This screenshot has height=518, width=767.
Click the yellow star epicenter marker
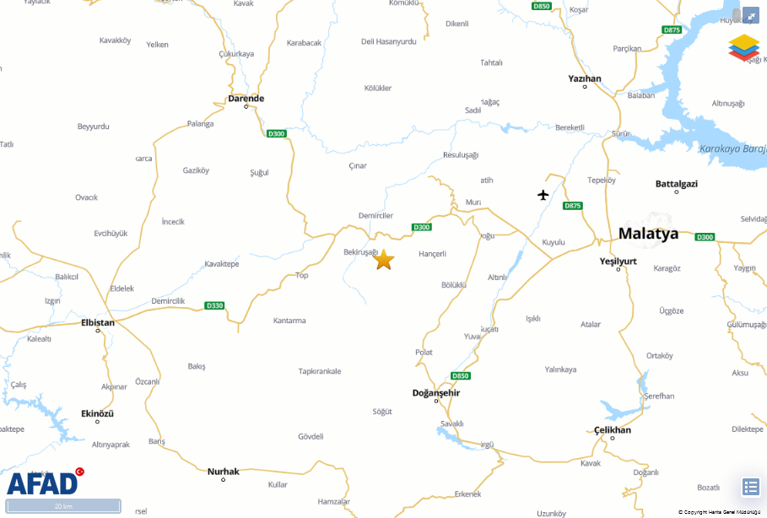pyautogui.click(x=384, y=260)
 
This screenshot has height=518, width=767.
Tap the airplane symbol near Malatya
pyautogui.click(x=543, y=196)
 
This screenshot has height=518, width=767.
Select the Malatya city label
pyautogui.click(x=648, y=234)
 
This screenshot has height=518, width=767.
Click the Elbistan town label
pyautogui.click(x=98, y=321)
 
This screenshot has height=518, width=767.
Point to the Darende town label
pyautogui.click(x=246, y=99)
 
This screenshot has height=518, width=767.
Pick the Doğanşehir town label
pyautogui.click(x=436, y=393)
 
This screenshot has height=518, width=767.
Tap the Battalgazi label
pyautogui.click(x=677, y=183)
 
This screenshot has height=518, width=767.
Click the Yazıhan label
pyautogui.click(x=585, y=78)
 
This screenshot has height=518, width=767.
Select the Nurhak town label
pyautogui.click(x=224, y=471)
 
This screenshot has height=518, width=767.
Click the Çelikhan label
pyautogui.click(x=613, y=430)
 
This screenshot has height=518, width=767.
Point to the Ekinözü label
pyautogui.click(x=97, y=413)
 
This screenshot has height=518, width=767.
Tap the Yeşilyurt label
pyautogui.click(x=618, y=262)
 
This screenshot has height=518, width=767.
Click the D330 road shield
pyautogui.click(x=214, y=305)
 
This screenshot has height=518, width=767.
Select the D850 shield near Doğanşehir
pyautogui.click(x=460, y=375)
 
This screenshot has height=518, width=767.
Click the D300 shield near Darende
pyautogui.click(x=276, y=133)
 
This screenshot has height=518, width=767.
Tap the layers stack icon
pyautogui.click(x=743, y=47)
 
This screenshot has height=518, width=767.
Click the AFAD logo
pyautogui.click(x=42, y=483)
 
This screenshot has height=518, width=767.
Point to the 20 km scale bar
pyautogui.click(x=63, y=506)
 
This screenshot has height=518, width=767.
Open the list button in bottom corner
pyautogui.click(x=750, y=487)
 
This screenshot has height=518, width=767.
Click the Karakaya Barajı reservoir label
pyautogui.click(x=732, y=148)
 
